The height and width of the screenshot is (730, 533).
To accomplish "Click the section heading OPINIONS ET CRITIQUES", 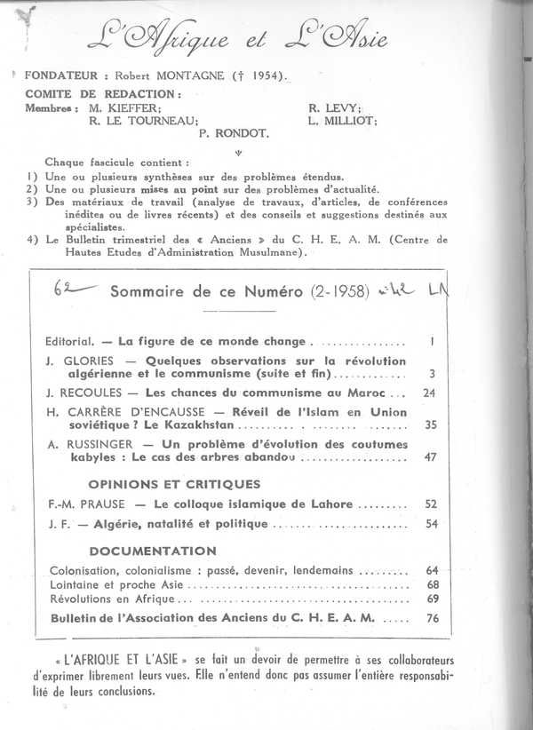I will [174, 484].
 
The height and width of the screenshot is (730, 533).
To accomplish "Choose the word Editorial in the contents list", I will [70, 340].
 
